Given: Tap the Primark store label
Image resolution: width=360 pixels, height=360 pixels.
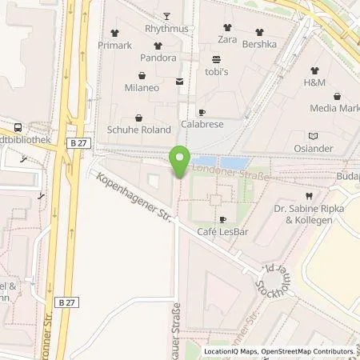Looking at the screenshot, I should pos(116,45).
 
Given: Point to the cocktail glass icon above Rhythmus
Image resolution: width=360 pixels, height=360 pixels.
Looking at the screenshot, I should pos(166,16).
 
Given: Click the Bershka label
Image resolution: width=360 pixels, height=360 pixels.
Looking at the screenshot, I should pos(259,45).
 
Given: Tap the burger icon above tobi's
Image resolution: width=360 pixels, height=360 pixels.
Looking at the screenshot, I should pos(216,59).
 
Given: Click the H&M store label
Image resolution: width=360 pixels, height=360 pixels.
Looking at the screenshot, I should pos(314,82).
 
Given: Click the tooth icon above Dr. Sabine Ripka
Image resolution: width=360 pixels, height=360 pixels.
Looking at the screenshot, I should pos(309,195).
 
